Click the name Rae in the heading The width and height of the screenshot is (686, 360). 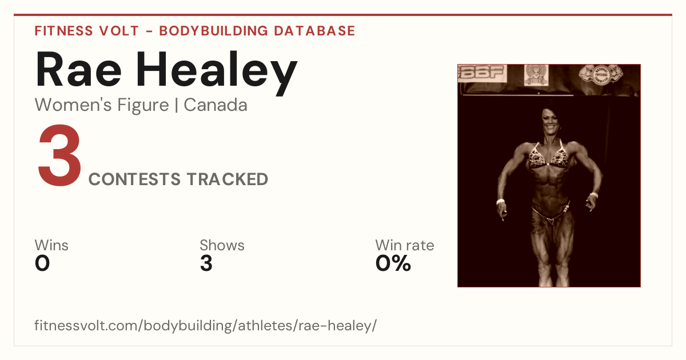pyautogui.click(x=78, y=70)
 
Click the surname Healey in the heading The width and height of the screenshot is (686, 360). pyautogui.click(x=217, y=73)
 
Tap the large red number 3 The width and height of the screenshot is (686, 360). pyautogui.click(x=59, y=155)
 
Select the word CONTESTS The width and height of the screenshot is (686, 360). pyautogui.click(x=134, y=179)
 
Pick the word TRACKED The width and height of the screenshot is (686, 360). pyautogui.click(x=228, y=179)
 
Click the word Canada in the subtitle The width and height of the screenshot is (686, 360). pyautogui.click(x=216, y=105)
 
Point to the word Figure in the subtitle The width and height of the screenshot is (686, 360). pyautogui.click(x=143, y=106)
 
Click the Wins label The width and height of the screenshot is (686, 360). pyautogui.click(x=51, y=245)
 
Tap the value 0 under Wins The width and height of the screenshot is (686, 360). pyautogui.click(x=42, y=263)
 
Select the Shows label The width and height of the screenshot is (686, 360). pyautogui.click(x=222, y=245)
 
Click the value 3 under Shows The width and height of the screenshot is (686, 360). pyautogui.click(x=206, y=263)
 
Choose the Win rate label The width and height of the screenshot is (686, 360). pyautogui.click(x=405, y=245)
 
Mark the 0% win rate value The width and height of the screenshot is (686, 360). pyautogui.click(x=393, y=263)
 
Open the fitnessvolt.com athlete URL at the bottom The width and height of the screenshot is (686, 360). pyautogui.click(x=205, y=325)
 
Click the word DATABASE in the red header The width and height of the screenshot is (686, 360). pyautogui.click(x=314, y=31)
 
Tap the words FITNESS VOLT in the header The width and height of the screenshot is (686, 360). pyautogui.click(x=87, y=31)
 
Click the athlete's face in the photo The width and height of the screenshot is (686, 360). pyautogui.click(x=551, y=122)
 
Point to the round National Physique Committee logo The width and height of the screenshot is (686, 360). pyautogui.click(x=601, y=74)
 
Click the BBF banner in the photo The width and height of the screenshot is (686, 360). pyautogui.click(x=482, y=74)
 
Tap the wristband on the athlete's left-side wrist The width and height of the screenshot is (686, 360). pyautogui.click(x=500, y=201)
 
